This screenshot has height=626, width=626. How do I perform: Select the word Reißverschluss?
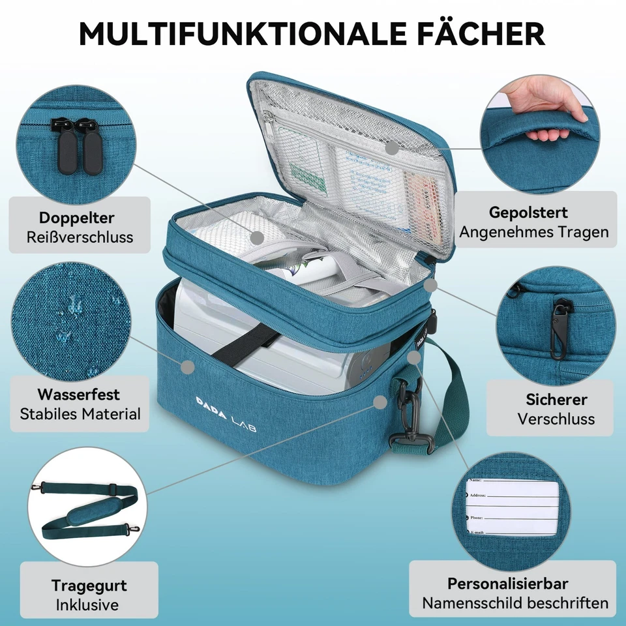(x=80, y=237)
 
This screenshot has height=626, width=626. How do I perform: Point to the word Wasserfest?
(x=79, y=395)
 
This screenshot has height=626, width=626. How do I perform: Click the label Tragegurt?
(x=89, y=585)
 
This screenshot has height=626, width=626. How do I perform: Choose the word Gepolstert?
(x=528, y=212)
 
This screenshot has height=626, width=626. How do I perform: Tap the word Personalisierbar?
(x=507, y=584)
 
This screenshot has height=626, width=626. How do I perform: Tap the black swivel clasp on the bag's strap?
(x=410, y=417)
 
